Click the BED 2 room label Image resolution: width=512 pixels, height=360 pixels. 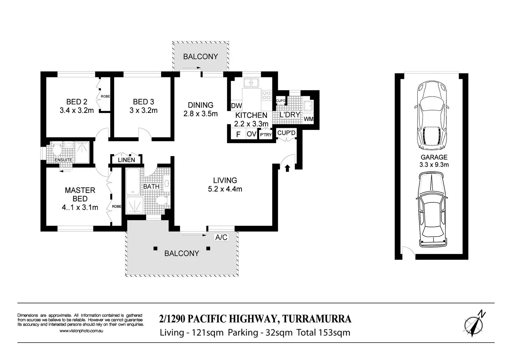(x=77, y=101)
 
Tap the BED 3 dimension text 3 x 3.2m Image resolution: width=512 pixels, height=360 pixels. (x=144, y=111)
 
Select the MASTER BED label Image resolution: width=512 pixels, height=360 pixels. (x=80, y=194)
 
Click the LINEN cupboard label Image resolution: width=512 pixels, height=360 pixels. (x=126, y=160)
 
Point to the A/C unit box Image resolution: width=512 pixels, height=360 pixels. (x=221, y=237)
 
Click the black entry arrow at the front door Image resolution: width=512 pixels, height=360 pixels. (x=287, y=168)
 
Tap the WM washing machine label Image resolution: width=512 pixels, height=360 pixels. (x=309, y=119)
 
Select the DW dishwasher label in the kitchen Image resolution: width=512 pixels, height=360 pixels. (x=236, y=106)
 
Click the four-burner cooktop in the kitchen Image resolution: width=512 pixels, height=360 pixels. (x=266, y=95)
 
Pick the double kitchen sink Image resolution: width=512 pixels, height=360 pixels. (x=251, y=83)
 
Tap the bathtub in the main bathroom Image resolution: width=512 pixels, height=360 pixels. (x=133, y=182)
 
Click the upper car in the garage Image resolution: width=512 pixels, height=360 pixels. (x=432, y=115)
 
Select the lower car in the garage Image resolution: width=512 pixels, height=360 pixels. (x=432, y=209)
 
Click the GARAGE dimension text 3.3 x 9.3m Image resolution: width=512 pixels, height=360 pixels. (x=434, y=165)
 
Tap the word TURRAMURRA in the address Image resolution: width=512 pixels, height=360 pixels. (x=317, y=319)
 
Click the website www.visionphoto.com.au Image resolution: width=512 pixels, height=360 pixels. (x=81, y=331)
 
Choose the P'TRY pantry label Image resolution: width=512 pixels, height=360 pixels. (x=266, y=135)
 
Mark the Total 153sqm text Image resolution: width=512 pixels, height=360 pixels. (x=323, y=333)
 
